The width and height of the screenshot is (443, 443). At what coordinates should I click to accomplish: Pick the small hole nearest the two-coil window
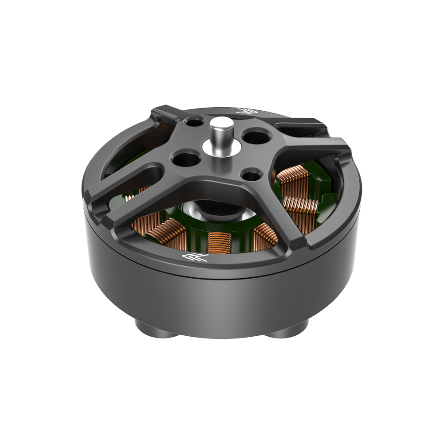pyautogui.click(x=253, y=175)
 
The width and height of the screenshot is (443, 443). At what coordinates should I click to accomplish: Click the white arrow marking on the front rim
pyautogui.click(x=195, y=257)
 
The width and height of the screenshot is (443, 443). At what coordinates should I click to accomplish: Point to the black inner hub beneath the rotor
pyautogui.click(x=221, y=210)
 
